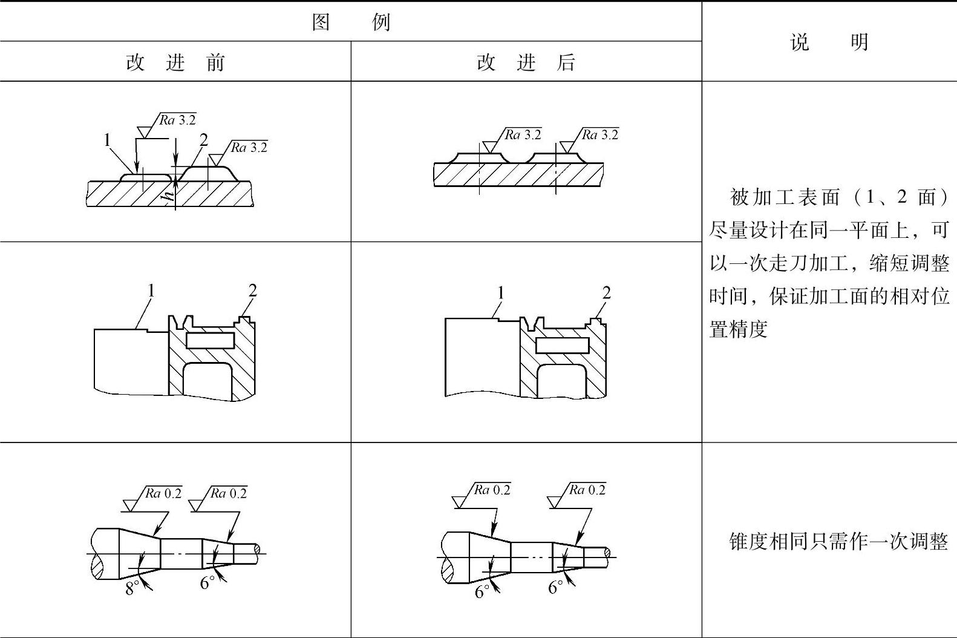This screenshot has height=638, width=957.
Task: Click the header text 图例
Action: pyautogui.click(x=351, y=23)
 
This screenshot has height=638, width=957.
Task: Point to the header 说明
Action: pyautogui.click(x=829, y=42)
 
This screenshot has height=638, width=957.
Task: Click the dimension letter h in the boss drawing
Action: pyautogui.click(x=170, y=192)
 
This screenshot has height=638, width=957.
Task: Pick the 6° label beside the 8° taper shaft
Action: pyautogui.click(x=207, y=582)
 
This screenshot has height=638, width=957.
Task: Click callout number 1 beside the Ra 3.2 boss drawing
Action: pyautogui.click(x=108, y=140)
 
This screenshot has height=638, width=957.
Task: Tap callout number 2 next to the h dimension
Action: pyautogui.click(x=204, y=140)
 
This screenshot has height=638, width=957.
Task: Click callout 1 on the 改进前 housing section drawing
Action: pyautogui.click(x=151, y=291)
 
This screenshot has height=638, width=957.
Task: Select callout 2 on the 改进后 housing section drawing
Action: pyautogui.click(x=606, y=293)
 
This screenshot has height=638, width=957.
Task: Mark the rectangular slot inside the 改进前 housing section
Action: pyautogui.click(x=210, y=340)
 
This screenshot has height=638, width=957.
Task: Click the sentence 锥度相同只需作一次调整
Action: pyautogui.click(x=838, y=541)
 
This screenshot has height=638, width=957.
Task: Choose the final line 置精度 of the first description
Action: pyautogui.click(x=738, y=329)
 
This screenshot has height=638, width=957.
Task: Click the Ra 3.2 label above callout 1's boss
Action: pyautogui.click(x=178, y=120)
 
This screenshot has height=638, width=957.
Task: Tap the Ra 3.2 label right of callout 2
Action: pyautogui.click(x=249, y=147)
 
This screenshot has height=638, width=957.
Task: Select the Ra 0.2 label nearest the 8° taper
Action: pyautogui.click(x=163, y=493)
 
